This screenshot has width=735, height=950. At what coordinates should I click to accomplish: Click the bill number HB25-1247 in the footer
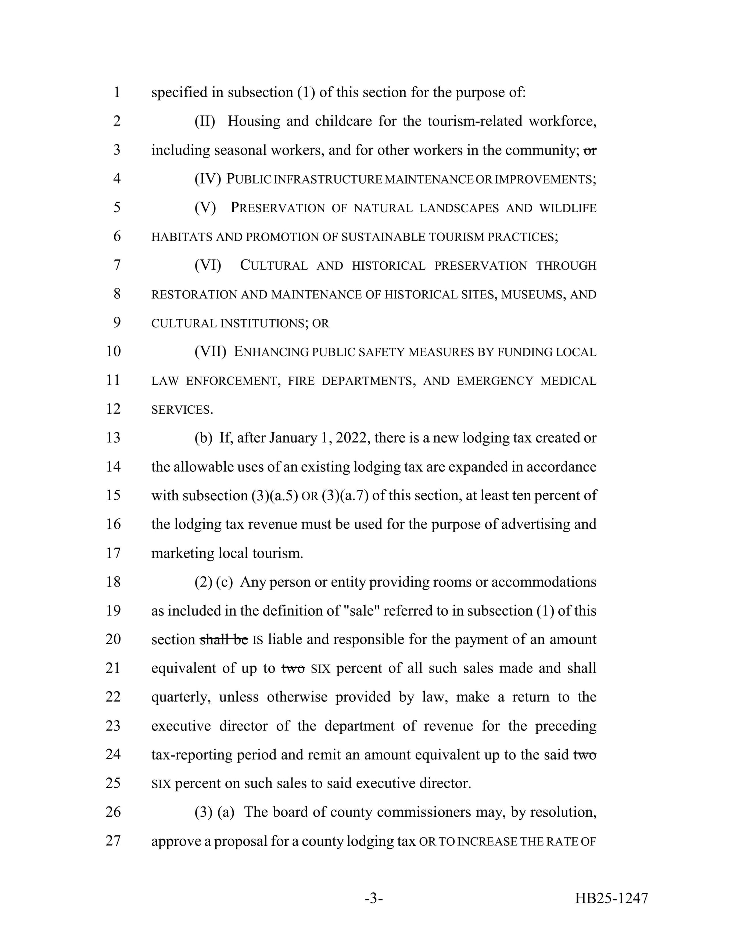coord(612,898)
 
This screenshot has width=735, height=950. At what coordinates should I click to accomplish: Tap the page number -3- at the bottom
coord(374,898)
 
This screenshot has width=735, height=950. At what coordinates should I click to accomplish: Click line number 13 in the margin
coord(113,438)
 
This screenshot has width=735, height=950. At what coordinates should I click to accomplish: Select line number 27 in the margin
coord(113,841)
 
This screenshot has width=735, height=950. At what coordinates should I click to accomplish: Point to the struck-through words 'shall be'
coord(223,639)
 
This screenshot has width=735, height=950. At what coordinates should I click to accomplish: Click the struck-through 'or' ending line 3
coord(589,150)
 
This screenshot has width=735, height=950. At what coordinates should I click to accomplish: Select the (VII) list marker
coord(210,351)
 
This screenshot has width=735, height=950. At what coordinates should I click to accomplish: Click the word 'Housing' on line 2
coord(254,122)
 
